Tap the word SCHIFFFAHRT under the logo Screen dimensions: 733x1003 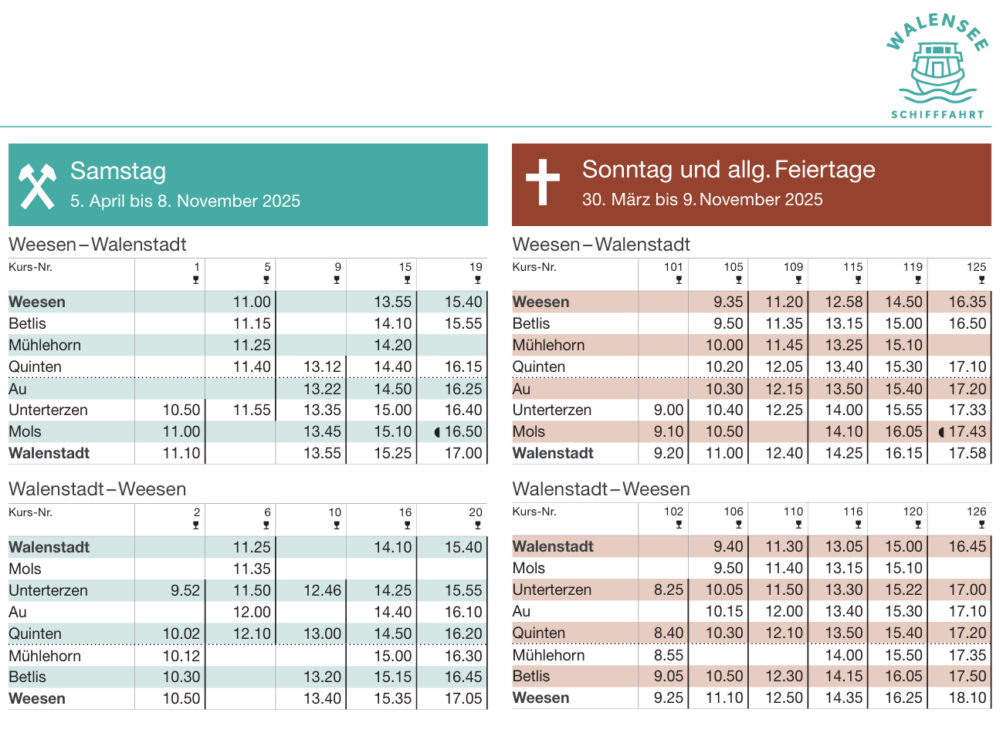coord(938,114)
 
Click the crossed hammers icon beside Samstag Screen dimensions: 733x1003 coord(38,185)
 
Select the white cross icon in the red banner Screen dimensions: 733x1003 coord(542,182)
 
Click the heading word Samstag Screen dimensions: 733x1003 coord(118,171)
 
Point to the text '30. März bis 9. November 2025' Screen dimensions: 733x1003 coord(702,200)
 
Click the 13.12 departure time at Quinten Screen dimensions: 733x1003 coord(322,367)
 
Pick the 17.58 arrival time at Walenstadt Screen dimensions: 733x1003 coord(967,454)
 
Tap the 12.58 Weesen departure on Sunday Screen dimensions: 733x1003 coord(843,302)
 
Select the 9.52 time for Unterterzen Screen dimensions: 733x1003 coord(185,591)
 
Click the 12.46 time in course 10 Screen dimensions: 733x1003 coord(322,591)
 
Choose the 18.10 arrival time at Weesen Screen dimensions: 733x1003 coord(967,698)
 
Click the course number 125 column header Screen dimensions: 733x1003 coord(976,267)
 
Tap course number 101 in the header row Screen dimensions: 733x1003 coord(673,267)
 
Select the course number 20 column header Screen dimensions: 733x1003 coord(476,512)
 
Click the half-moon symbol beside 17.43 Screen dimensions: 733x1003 coord(941,432)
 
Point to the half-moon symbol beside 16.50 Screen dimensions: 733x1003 coord(438,432)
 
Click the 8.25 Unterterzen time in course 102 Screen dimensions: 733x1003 coord(669,590)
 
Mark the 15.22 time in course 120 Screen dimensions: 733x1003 coord(903,590)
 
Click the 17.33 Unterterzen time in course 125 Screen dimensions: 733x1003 coord(967,410)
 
